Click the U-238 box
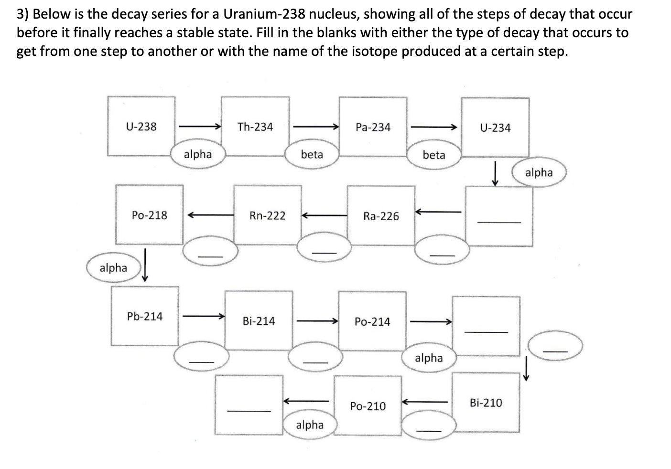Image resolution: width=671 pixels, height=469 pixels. click(141, 127)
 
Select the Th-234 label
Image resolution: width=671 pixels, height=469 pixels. click(255, 127)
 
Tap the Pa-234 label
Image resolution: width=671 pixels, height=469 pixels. click(373, 128)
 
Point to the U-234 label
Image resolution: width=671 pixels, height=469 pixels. click(495, 128)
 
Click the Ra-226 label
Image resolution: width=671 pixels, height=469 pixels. click(381, 216)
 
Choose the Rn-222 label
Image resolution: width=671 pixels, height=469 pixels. click(267, 216)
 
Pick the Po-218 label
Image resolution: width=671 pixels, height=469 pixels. click(149, 215)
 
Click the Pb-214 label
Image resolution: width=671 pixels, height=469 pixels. click(144, 317)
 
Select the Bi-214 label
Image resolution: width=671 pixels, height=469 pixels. click(259, 321)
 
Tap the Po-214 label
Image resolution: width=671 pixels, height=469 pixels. click(372, 322)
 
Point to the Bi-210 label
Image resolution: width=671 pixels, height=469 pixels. click(486, 403)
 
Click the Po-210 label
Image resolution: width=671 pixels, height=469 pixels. click(368, 406)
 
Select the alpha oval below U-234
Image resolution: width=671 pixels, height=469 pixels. click(539, 172)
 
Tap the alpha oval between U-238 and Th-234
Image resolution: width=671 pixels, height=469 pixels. click(197, 154)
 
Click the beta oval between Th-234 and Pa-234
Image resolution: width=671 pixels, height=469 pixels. click(312, 154)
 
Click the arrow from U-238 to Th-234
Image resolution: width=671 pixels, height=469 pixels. click(199, 127)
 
